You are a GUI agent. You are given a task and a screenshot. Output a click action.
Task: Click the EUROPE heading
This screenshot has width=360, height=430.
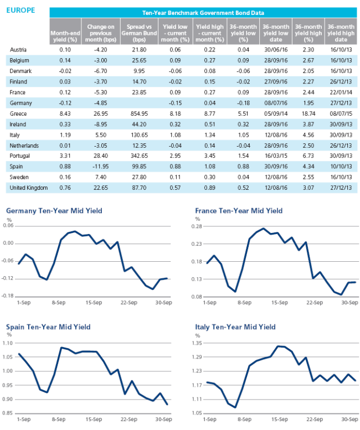pos(20,11)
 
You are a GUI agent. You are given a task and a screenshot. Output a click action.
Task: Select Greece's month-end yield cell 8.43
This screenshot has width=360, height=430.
pos(65,113)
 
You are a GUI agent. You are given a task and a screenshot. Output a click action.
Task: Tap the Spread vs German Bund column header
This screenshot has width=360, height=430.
pos(139,33)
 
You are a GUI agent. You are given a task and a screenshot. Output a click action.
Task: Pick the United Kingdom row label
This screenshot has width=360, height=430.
pos(29,188)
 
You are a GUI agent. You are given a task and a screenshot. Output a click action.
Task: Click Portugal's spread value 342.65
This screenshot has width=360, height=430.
pos(139,156)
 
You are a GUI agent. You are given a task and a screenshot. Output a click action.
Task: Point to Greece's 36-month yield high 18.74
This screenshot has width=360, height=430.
pos(308,113)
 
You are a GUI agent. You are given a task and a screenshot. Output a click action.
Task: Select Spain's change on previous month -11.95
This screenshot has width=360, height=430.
pos(101,167)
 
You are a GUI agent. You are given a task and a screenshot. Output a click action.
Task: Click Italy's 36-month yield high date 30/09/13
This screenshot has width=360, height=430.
pos(341,135)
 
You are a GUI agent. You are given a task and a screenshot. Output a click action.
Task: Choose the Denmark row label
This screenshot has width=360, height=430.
pos(20,71)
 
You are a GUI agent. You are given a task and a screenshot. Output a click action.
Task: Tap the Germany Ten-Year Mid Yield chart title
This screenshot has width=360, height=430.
pos(54,211)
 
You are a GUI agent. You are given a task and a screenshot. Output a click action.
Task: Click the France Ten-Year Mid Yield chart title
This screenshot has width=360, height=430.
pos(239,211)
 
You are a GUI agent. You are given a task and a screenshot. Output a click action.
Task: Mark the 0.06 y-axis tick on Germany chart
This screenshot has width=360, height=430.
pos(8,225)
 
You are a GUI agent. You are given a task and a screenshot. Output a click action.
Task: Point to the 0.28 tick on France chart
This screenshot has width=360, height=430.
pos(197,226)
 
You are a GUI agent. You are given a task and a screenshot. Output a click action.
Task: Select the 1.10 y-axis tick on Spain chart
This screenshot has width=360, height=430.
pos(8,343)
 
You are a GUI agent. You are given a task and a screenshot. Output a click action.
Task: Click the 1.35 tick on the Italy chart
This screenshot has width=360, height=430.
pos(197,343)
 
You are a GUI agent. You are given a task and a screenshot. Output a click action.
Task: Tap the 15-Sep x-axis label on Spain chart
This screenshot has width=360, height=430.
pos(94,419)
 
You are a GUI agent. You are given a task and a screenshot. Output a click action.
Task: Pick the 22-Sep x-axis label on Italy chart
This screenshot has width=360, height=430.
pos(315,419)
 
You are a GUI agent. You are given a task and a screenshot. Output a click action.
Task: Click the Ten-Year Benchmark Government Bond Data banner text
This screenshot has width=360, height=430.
pos(203,13)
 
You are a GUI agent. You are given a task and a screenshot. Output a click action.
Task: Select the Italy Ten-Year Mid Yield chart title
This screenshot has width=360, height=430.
pos(235,327)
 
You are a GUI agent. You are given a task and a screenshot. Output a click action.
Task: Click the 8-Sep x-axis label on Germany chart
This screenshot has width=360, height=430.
pos(59,303)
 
